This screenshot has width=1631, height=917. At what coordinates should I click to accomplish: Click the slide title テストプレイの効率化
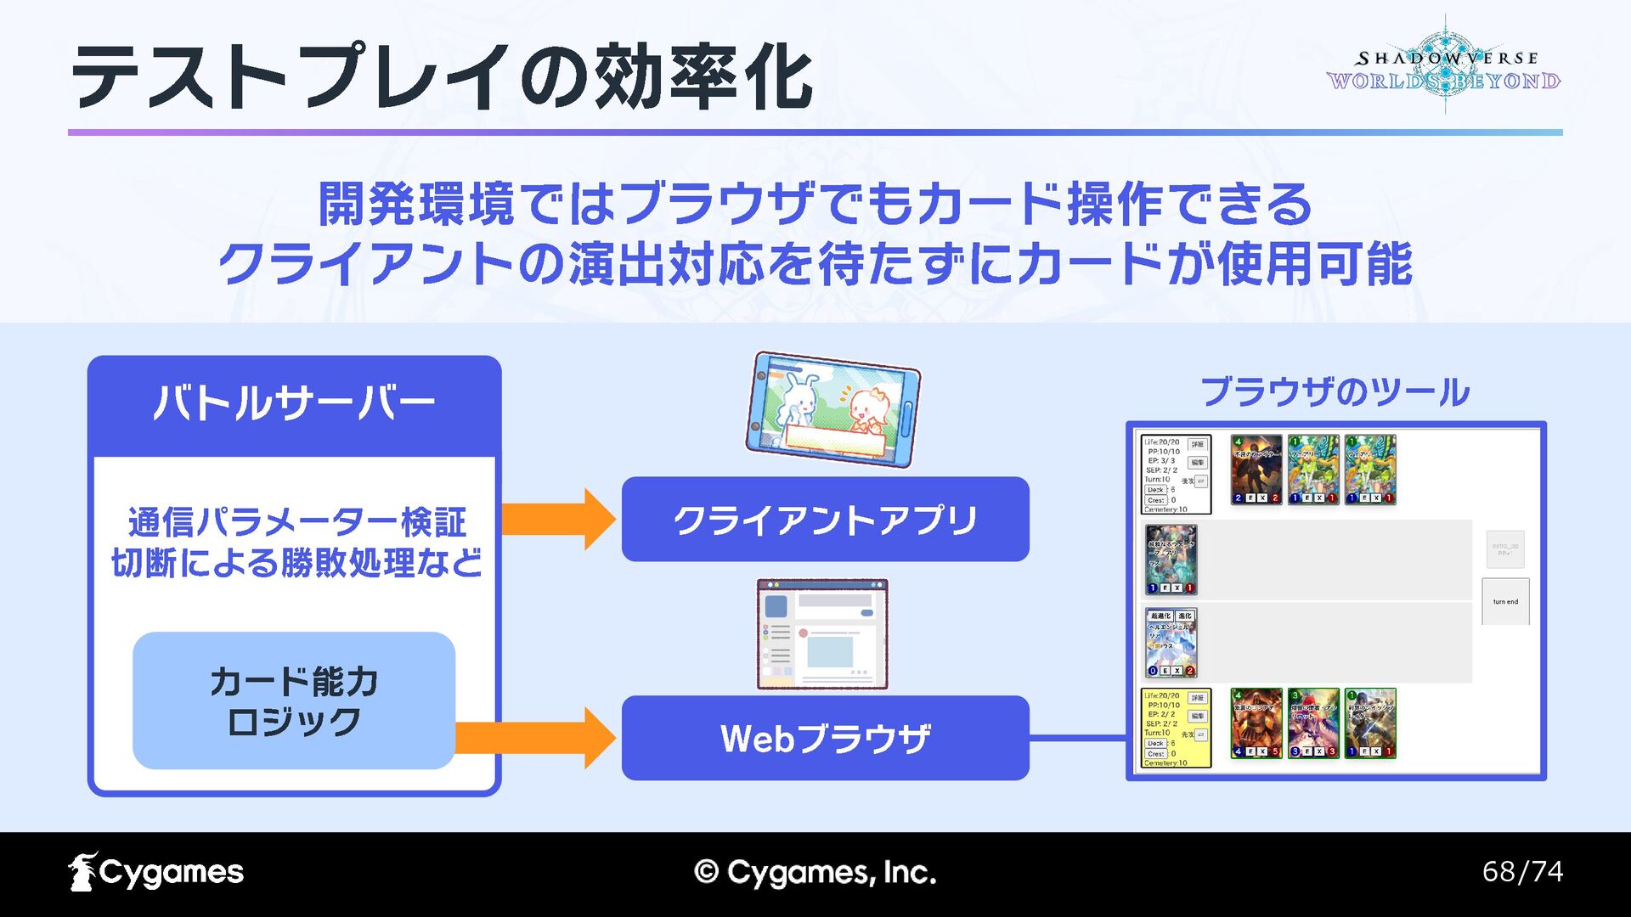point(442,78)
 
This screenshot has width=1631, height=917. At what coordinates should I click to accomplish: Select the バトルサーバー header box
point(294,404)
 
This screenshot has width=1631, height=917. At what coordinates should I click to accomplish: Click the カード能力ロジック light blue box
point(294,700)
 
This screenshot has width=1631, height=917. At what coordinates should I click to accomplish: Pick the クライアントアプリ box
point(825,519)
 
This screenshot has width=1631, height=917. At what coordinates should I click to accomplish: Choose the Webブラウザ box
point(825,738)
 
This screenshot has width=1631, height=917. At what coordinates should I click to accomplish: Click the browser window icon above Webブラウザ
point(821,633)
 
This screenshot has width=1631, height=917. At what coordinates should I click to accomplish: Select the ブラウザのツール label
point(1335,392)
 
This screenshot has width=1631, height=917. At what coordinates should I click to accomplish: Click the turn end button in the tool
point(1505,601)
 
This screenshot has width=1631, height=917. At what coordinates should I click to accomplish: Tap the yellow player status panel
point(1176,729)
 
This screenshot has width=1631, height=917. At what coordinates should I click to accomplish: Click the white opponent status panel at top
point(1176,474)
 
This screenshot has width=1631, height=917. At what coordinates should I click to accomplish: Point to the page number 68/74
point(1522,872)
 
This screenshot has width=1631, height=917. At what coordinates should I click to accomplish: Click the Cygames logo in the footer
point(156,873)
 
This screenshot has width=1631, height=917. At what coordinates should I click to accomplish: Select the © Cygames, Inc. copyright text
point(815,873)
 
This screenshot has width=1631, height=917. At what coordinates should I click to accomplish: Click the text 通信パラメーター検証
point(296,522)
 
